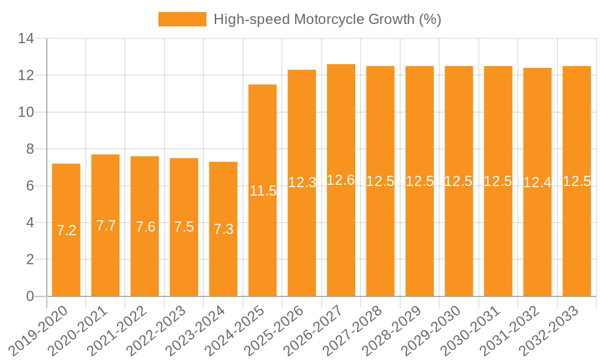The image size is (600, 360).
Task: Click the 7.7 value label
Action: point(106,226)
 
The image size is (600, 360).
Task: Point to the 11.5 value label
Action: point(263,191)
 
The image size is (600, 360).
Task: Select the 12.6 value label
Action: point(341,180)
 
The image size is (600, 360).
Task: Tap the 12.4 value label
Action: point(537,182)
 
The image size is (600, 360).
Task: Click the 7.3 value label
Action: point(224,229)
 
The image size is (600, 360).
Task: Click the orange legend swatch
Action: point(182,19)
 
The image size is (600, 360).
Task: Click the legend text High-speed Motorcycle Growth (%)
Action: point(328,19)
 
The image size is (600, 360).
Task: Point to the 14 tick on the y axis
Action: point(26,39)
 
